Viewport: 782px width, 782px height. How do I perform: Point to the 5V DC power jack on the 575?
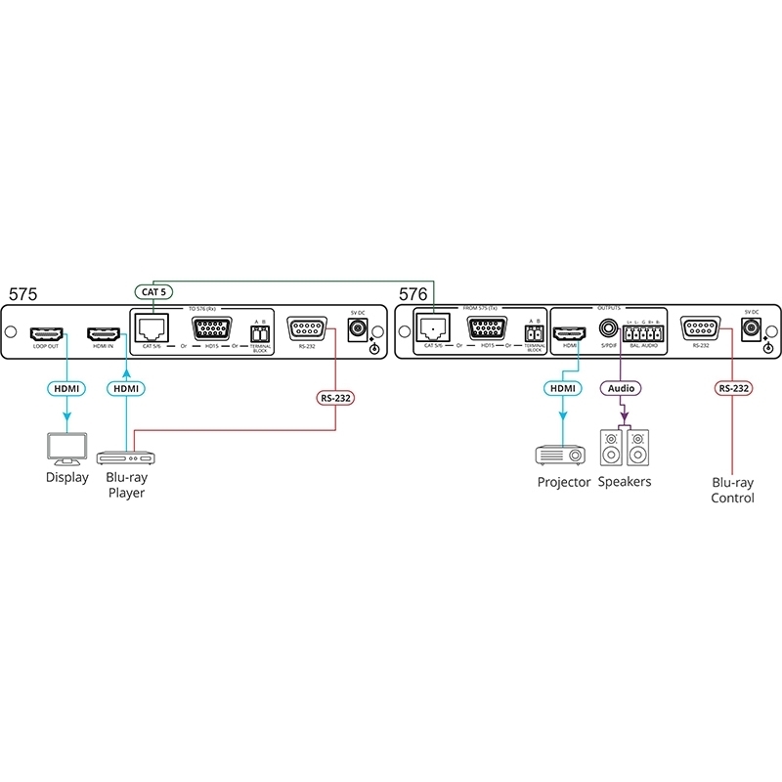click(357, 329)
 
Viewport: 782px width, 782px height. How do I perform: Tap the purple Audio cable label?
click(621, 388)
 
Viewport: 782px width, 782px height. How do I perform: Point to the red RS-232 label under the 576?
click(733, 388)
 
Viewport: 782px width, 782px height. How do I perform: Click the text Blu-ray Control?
click(733, 491)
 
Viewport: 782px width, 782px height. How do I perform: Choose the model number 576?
click(413, 293)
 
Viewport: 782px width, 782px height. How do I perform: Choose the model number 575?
click(24, 293)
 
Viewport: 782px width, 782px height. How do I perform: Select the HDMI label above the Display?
click(65, 388)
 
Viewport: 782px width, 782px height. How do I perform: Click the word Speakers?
click(625, 482)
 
